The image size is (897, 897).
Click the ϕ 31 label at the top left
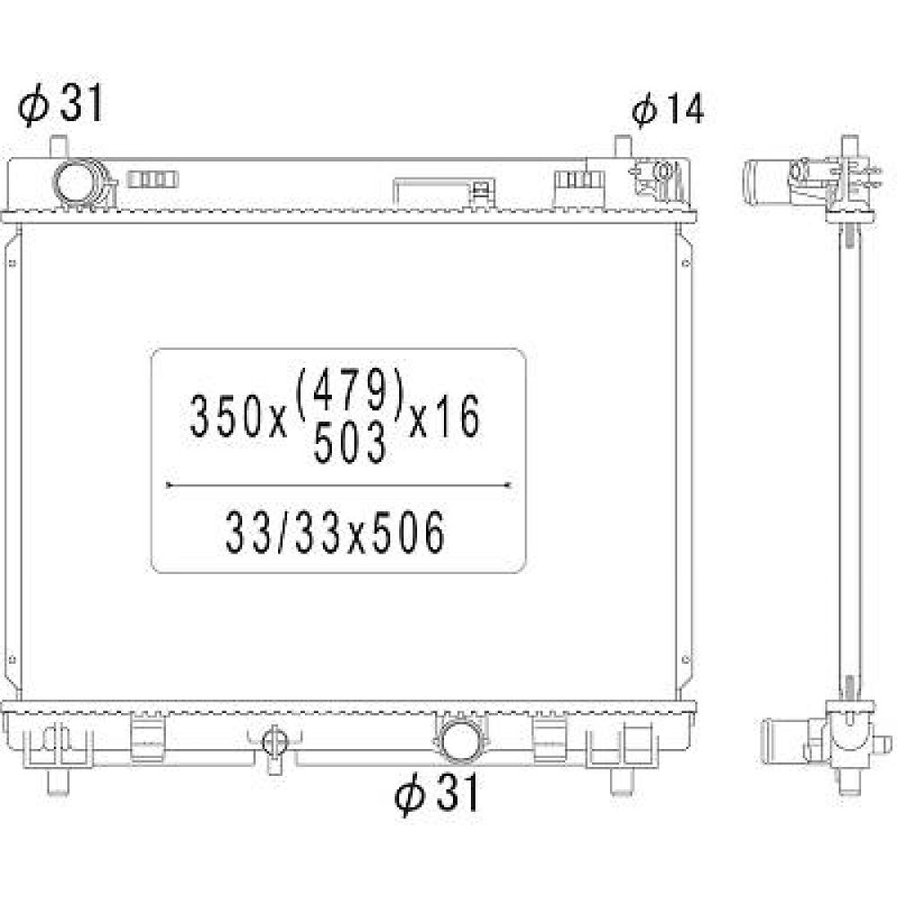[x=61, y=106]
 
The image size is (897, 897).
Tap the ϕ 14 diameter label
[x=667, y=109]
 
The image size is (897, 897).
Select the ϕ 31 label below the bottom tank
[x=438, y=793]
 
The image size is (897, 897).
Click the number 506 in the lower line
[x=411, y=535]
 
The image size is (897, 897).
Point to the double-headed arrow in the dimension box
[x=339, y=485]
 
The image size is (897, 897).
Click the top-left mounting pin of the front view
[x=59, y=145]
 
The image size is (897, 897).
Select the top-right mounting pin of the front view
[x=623, y=145]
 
